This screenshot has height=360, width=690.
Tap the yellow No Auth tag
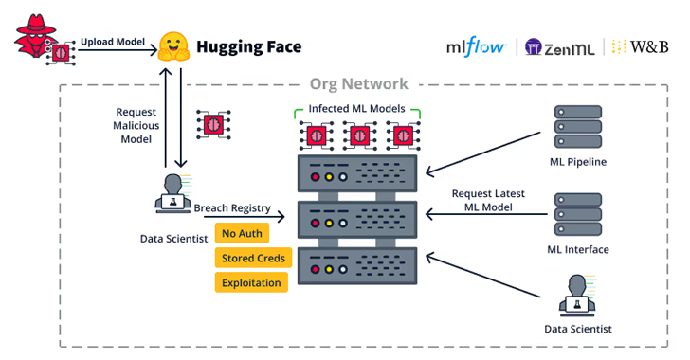(242, 233)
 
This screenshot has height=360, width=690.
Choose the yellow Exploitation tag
(251, 282)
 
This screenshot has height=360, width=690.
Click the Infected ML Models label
(357, 109)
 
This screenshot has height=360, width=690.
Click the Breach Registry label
(232, 208)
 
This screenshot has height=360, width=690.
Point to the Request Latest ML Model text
(488, 200)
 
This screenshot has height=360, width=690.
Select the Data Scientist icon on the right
(577, 295)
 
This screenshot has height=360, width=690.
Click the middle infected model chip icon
(358, 135)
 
